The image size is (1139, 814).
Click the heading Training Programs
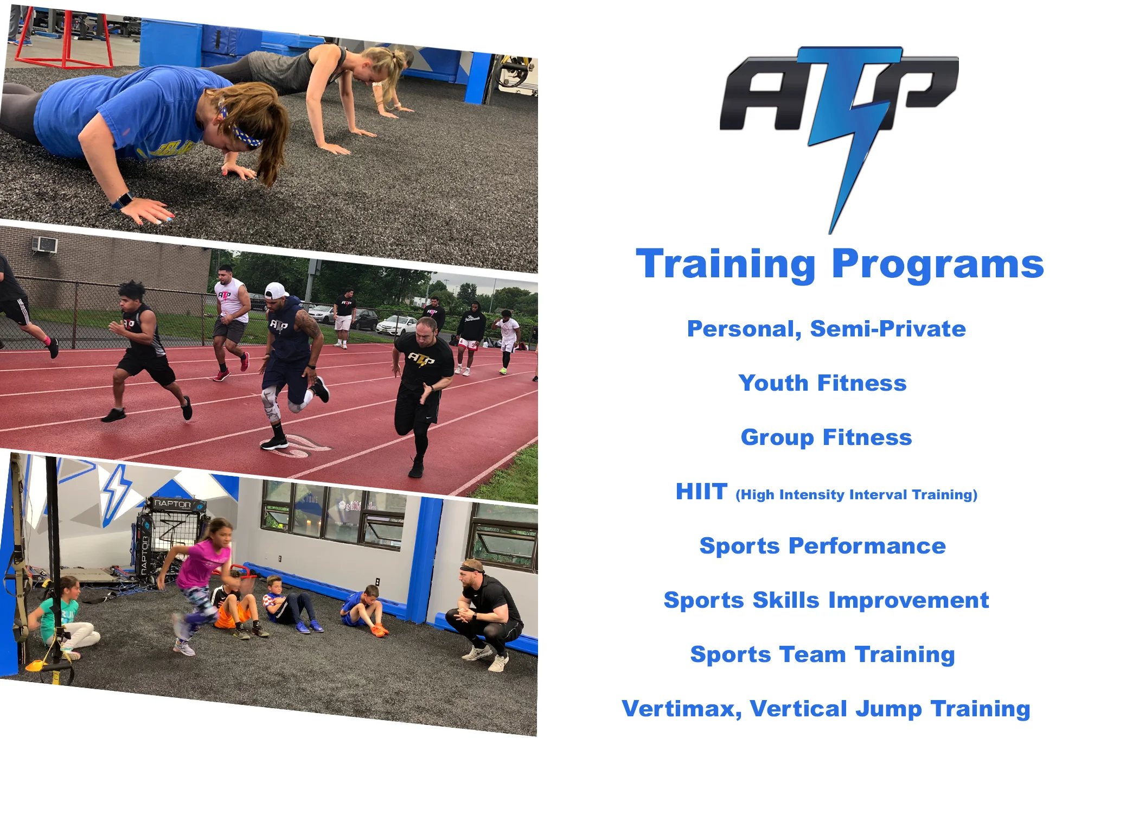pyautogui.click(x=839, y=264)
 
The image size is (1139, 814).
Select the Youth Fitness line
pyautogui.click(x=822, y=383)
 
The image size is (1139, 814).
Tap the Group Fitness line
pyautogui.click(x=826, y=437)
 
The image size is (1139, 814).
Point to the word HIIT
pyautogui.click(x=701, y=492)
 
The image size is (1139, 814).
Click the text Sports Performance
pyautogui.click(x=822, y=546)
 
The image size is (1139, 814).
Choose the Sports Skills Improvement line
pyautogui.click(x=826, y=600)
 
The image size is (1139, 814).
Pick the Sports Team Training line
pyautogui.click(x=822, y=654)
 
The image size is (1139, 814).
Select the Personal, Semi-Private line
pyautogui.click(x=826, y=329)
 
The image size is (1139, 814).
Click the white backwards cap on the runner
pyautogui.click(x=275, y=291)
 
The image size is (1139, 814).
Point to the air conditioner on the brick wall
pyautogui.click(x=45, y=245)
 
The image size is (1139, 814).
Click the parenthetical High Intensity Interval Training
pyautogui.click(x=856, y=495)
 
